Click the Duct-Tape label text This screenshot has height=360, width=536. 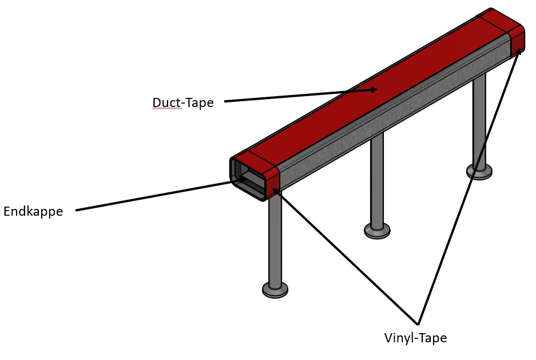coord(183,102)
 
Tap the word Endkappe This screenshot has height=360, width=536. coord(33,211)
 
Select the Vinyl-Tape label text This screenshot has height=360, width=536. coord(415,338)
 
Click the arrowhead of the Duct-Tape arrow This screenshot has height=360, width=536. coord(372,90)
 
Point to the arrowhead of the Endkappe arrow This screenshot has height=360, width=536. coord(241,179)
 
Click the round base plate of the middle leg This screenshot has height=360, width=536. coord(377,231)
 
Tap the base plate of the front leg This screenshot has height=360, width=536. coord(275,290)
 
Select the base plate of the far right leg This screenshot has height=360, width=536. coord(479,172)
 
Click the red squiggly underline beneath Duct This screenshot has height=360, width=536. coord(167,108)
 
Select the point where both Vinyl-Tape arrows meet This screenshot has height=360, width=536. coord(418,324)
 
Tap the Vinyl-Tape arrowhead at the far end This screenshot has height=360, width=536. coord(519,52)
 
